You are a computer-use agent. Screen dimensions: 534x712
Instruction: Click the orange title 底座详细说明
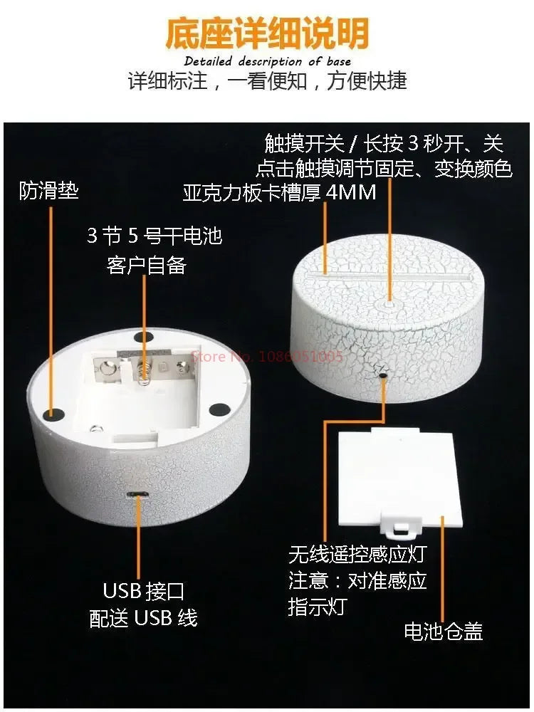(267, 33)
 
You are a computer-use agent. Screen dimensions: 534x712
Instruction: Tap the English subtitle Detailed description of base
(268, 61)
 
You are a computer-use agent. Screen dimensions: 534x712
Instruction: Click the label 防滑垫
(49, 190)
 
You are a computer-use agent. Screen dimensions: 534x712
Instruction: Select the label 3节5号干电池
(155, 236)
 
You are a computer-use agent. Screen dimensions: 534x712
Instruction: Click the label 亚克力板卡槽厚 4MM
(279, 192)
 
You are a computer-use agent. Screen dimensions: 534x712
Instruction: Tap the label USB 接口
(144, 591)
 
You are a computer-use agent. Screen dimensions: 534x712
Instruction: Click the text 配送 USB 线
(144, 618)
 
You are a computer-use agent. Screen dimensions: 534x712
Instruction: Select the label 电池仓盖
(443, 631)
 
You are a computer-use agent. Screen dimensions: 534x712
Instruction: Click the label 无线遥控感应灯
(357, 554)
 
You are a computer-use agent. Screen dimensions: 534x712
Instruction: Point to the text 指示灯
(318, 607)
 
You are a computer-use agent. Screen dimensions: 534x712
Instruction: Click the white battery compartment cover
(400, 481)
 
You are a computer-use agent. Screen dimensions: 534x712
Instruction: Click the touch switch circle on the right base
(390, 300)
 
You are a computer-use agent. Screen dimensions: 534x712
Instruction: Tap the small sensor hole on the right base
(383, 375)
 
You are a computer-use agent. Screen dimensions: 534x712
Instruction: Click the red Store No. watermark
(267, 357)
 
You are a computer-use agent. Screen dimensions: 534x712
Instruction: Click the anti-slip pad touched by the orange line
(52, 413)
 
